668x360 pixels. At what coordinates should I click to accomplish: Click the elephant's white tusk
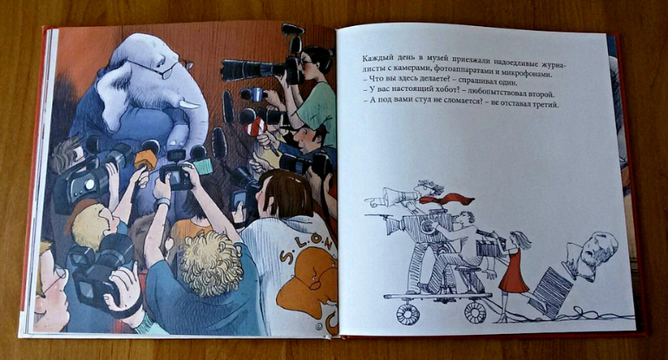tap(189, 103)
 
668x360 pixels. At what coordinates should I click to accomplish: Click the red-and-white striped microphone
tap(257, 127)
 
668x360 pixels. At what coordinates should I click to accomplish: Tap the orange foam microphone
tap(146, 160)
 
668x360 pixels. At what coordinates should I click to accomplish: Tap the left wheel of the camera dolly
tap(408, 312)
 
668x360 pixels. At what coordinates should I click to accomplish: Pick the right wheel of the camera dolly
tap(475, 312)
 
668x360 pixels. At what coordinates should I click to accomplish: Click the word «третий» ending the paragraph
tap(544, 104)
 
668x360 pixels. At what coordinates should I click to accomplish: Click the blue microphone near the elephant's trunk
tap(256, 94)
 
